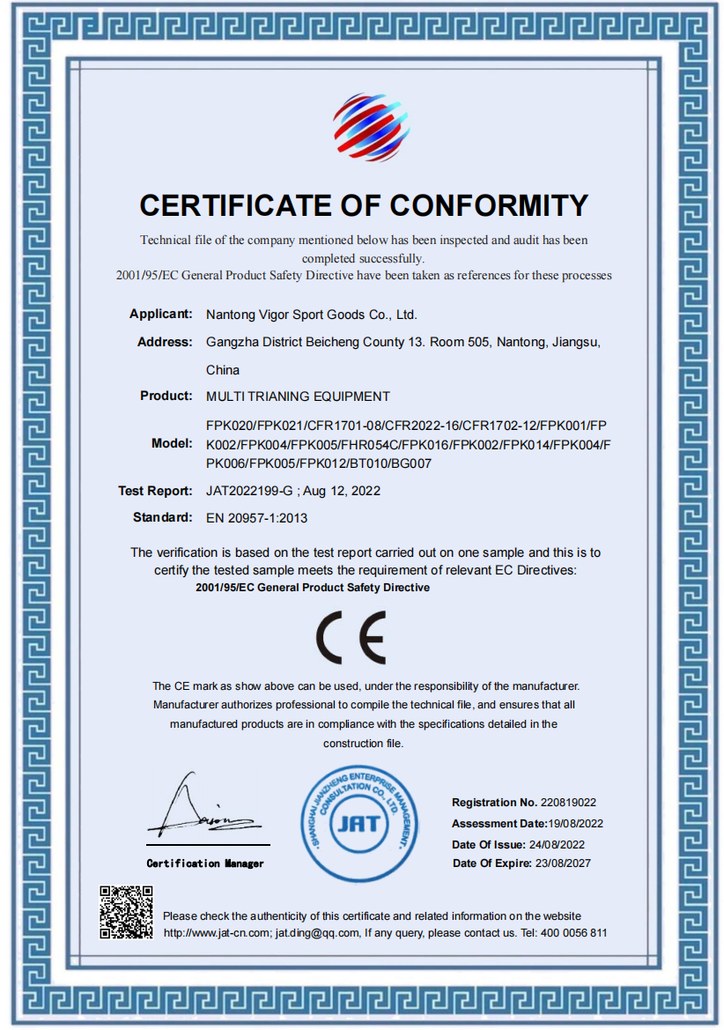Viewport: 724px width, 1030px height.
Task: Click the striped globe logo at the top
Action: click(371, 128)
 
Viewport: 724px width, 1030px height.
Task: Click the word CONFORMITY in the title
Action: click(489, 205)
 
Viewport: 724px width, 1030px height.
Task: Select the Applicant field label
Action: click(160, 314)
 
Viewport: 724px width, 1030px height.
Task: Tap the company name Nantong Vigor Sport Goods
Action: click(311, 315)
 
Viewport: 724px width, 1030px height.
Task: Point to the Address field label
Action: click(165, 342)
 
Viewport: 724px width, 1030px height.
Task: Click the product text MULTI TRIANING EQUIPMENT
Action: click(298, 396)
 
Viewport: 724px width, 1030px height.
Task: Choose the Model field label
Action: click(172, 443)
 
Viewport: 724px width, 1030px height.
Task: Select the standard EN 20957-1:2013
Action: click(256, 518)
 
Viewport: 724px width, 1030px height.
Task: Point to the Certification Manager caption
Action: click(205, 863)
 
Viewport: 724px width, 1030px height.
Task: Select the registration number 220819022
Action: click(569, 803)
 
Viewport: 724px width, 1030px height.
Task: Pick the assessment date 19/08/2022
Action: click(575, 824)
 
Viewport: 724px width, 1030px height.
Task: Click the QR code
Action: click(126, 912)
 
